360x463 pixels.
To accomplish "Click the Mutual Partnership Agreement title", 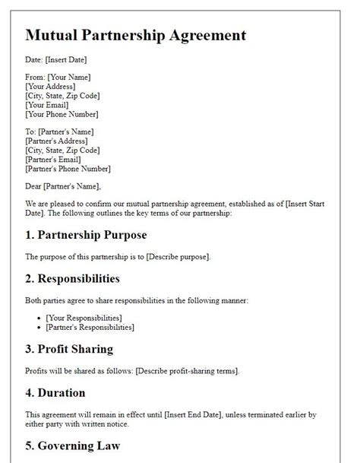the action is pyautogui.click(x=135, y=35).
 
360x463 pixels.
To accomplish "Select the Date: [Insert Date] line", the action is pyautogui.click(x=56, y=60).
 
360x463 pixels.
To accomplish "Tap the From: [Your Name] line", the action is pyautogui.click(x=58, y=78).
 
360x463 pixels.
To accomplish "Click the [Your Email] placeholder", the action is pyautogui.click(x=49, y=105).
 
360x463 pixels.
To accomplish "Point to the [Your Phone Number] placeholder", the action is pyautogui.click(x=62, y=114).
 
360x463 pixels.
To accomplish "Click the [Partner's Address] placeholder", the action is pyautogui.click(x=56, y=141).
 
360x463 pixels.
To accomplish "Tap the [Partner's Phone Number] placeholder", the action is pyautogui.click(x=68, y=169).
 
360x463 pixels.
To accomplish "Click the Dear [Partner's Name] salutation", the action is pyautogui.click(x=62, y=186).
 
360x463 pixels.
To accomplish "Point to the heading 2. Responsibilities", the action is pyautogui.click(x=73, y=279).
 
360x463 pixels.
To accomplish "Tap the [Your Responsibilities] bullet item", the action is pyautogui.click(x=84, y=317).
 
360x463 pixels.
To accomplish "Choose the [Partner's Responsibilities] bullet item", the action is pyautogui.click(x=90, y=327).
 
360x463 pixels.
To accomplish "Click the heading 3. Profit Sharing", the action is pyautogui.click(x=69, y=349).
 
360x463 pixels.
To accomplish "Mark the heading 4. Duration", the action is pyautogui.click(x=55, y=394).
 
